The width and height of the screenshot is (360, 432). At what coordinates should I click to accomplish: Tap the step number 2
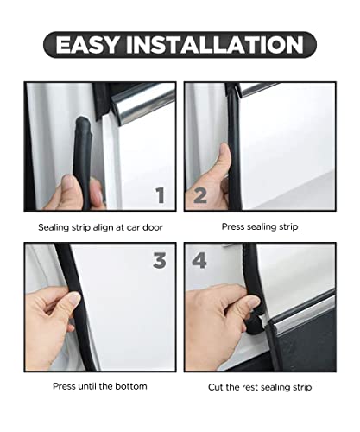point(199,195)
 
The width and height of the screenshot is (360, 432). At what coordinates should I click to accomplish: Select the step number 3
point(159,260)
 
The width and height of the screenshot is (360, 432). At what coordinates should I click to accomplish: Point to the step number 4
point(199,260)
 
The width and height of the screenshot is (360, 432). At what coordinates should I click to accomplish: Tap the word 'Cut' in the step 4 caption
point(217,386)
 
